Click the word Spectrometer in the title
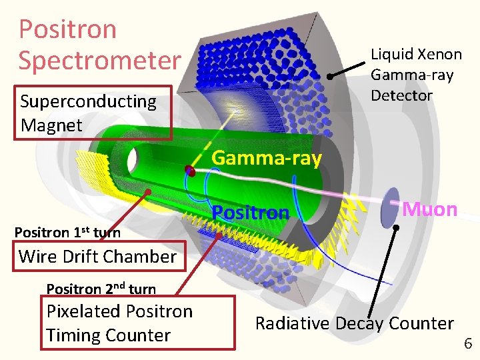[x=100, y=59]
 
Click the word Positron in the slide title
[x=67, y=29]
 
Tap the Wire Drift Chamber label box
[x=98, y=256]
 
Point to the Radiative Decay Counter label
[x=354, y=323]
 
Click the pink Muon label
[x=430, y=209]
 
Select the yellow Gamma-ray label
[x=267, y=158]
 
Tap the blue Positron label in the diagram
[x=251, y=213]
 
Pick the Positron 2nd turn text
[x=101, y=289]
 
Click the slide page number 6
[x=467, y=344]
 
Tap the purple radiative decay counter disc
[x=389, y=207]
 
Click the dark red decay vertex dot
[x=190, y=171]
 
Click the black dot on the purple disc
[x=396, y=227]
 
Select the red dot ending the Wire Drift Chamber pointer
[x=148, y=192]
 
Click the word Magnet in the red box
[x=52, y=125]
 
